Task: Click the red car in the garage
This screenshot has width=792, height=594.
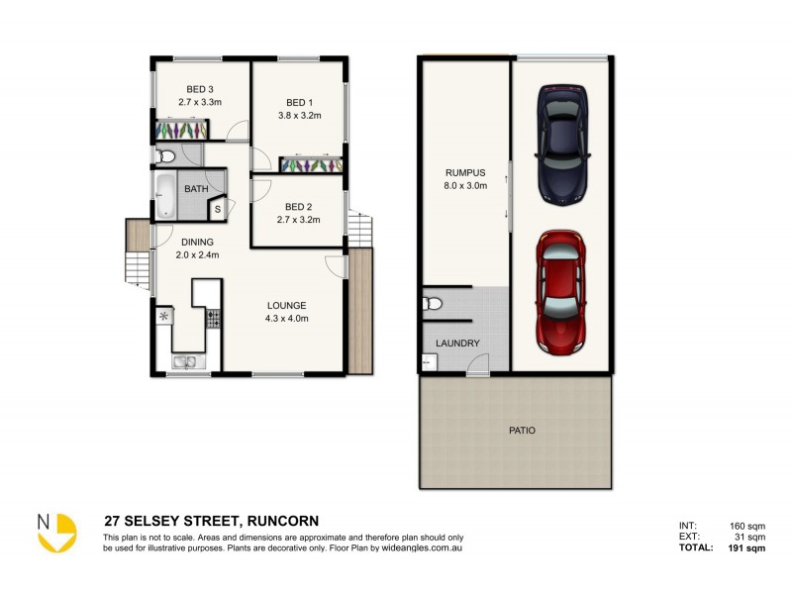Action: pos(561,293)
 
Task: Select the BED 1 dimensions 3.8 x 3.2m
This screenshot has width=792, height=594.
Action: pos(298,115)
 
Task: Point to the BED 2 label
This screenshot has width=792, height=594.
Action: pos(298,207)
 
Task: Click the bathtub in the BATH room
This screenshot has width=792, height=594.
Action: pos(163,197)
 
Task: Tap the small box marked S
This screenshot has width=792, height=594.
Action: pos(217,209)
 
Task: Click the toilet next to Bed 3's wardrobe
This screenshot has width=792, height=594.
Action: pos(165,155)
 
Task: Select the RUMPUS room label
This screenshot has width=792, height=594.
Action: pos(463,172)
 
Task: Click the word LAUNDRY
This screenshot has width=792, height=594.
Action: pos(457,344)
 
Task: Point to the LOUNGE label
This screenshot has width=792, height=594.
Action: pos(285,305)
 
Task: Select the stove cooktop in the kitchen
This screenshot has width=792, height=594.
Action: pos(212,318)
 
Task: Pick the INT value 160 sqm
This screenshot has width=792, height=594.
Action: pos(746,526)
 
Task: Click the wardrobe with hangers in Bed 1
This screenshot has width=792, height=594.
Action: pos(311,165)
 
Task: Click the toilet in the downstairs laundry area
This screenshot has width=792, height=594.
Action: pos(429,304)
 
